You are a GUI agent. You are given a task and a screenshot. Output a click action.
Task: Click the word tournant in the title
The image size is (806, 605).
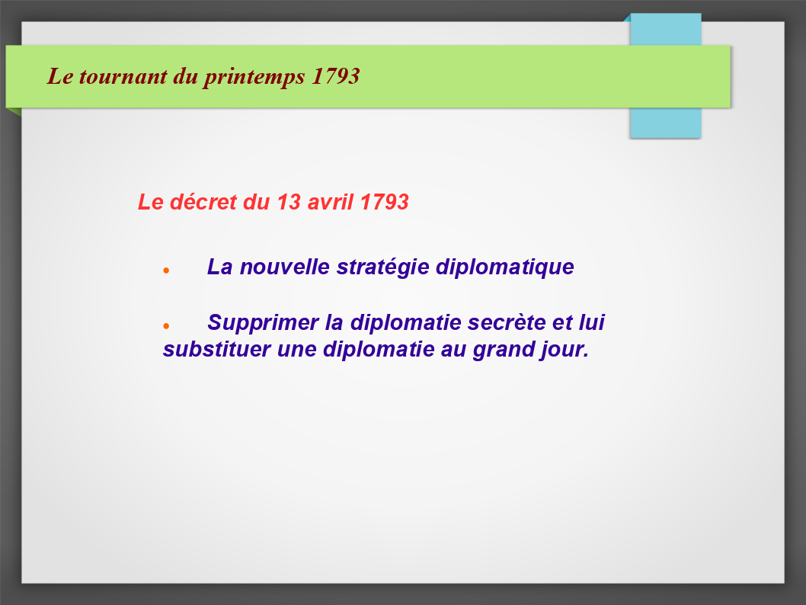click(123, 77)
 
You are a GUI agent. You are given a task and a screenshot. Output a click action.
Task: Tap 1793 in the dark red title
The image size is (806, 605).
click(336, 76)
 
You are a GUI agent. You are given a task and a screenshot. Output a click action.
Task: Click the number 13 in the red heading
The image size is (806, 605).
click(289, 202)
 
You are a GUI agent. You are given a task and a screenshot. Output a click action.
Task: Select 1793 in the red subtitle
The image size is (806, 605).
click(385, 202)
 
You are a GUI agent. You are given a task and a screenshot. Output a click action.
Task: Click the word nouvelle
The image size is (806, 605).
click(285, 267)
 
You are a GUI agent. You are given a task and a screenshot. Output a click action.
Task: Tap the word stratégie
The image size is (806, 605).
click(383, 267)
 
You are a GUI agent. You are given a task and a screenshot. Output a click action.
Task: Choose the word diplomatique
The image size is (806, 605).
click(505, 267)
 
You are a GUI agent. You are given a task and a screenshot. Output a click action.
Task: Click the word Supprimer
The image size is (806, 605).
click(263, 323)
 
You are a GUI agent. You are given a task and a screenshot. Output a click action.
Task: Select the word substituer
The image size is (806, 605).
click(216, 350)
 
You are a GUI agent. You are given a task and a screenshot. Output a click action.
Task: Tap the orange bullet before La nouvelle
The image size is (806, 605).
click(166, 270)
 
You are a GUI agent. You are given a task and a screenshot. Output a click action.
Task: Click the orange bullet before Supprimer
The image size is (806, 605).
click(166, 326)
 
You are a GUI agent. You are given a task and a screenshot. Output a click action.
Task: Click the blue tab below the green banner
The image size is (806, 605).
click(666, 123)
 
